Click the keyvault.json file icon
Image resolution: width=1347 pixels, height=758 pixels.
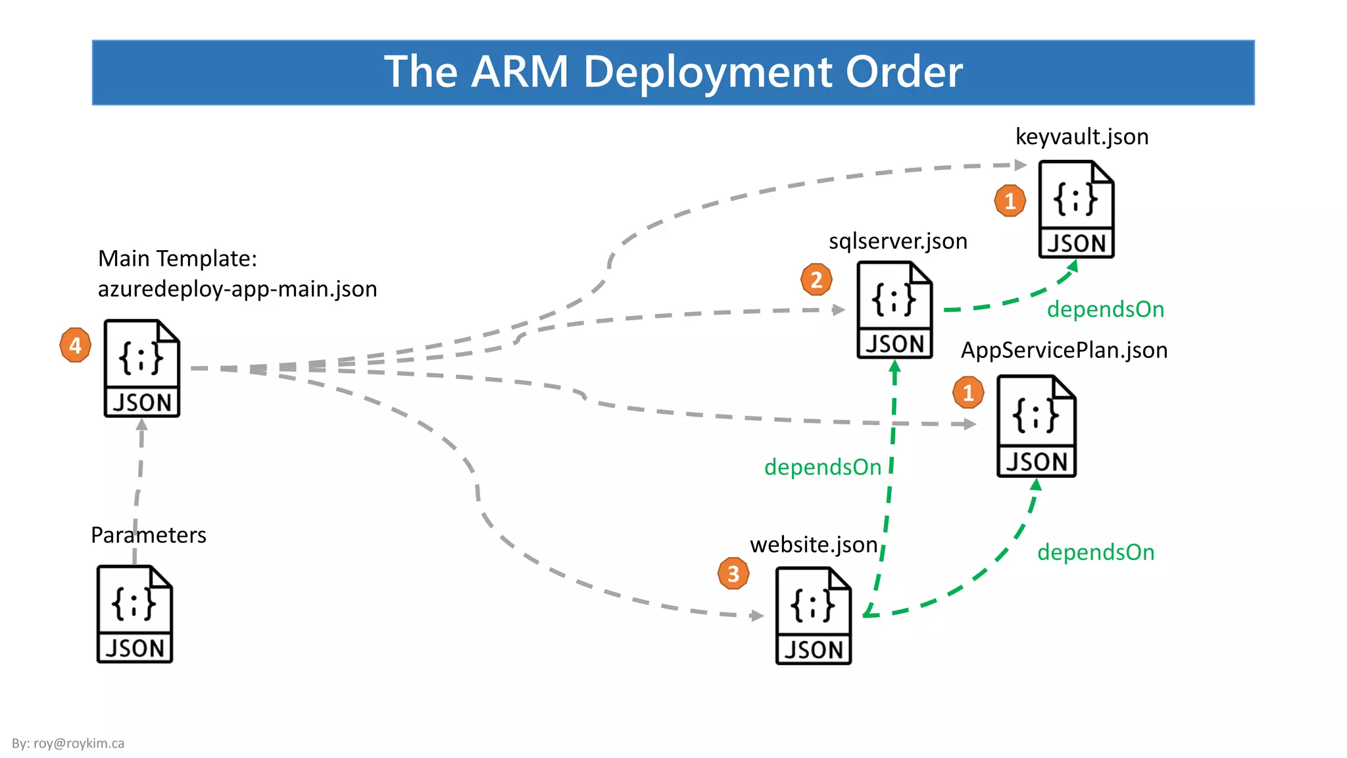pos(1076,209)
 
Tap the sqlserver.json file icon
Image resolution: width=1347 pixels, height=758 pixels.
pos(894,310)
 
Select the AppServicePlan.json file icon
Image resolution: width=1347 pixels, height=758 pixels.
pos(1036,426)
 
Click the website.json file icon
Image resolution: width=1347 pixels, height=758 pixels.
pos(813,615)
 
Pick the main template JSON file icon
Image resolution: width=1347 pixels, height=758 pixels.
pos(141,368)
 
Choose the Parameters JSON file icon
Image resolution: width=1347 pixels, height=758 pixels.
pos(135,614)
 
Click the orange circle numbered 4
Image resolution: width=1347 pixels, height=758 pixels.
pos(75,345)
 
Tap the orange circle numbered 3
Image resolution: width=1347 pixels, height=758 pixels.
pos(733,574)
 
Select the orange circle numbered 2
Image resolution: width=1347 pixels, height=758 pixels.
pos(816,280)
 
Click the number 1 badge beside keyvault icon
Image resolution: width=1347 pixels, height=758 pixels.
pos(1010,201)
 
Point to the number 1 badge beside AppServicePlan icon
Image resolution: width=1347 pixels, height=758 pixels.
pos(968,393)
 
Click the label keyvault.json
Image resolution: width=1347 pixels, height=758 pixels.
pos(1082,137)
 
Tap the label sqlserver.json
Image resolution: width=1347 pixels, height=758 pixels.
pos(898,241)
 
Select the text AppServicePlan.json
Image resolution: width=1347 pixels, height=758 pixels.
pos(1064,350)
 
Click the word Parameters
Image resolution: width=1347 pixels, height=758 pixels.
pos(149,535)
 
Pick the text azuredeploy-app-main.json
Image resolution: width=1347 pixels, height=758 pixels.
pos(237,289)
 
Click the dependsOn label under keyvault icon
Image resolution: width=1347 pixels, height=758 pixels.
pos(1106,309)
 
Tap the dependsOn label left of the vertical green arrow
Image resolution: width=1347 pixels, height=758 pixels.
pos(822,467)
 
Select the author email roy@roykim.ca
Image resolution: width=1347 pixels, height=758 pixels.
pos(78,744)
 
